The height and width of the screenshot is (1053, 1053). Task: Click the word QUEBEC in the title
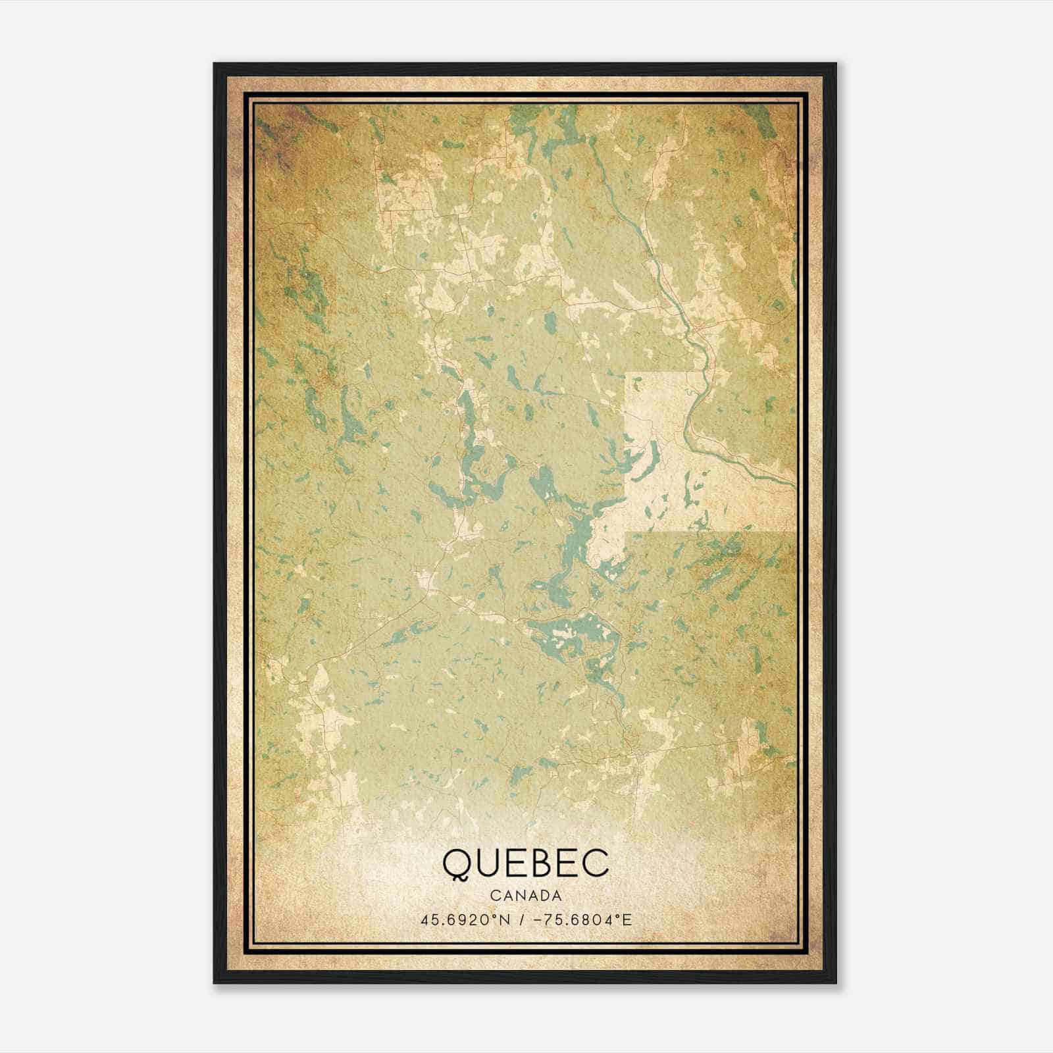pyautogui.click(x=525, y=863)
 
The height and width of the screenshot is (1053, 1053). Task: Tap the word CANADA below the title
pyautogui.click(x=525, y=896)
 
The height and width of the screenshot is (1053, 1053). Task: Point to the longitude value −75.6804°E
pyautogui.click(x=577, y=919)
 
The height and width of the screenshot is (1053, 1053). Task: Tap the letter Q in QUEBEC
pyautogui.click(x=455, y=864)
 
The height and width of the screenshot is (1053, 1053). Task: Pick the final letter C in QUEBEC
pyautogui.click(x=596, y=863)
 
